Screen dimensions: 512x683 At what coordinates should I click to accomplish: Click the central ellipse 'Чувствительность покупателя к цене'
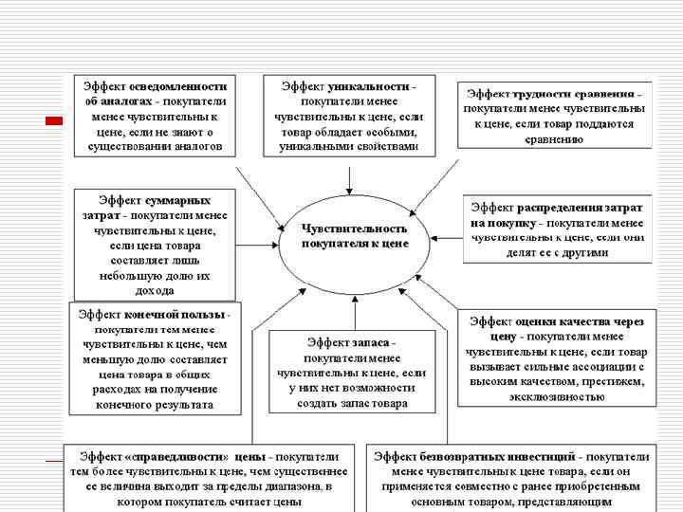point(355,237)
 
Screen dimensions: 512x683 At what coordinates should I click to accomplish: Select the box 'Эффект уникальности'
point(348,117)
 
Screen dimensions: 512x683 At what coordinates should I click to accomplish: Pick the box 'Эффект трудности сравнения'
point(554,117)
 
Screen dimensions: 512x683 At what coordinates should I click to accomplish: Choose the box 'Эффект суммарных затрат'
point(155,245)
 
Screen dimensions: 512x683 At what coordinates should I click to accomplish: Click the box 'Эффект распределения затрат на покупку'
point(558,229)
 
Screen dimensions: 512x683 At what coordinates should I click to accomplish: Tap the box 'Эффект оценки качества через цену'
point(556,358)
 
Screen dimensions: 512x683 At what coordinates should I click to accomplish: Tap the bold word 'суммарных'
point(178,200)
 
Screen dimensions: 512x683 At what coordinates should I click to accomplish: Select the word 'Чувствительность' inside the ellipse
point(355,229)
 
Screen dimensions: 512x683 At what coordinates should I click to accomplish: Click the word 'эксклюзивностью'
point(556,396)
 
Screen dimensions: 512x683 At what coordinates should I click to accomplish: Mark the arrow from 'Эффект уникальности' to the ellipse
point(351,176)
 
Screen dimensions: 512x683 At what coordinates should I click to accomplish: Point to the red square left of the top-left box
point(54,121)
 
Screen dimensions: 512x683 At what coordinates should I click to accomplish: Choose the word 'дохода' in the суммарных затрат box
point(155,290)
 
